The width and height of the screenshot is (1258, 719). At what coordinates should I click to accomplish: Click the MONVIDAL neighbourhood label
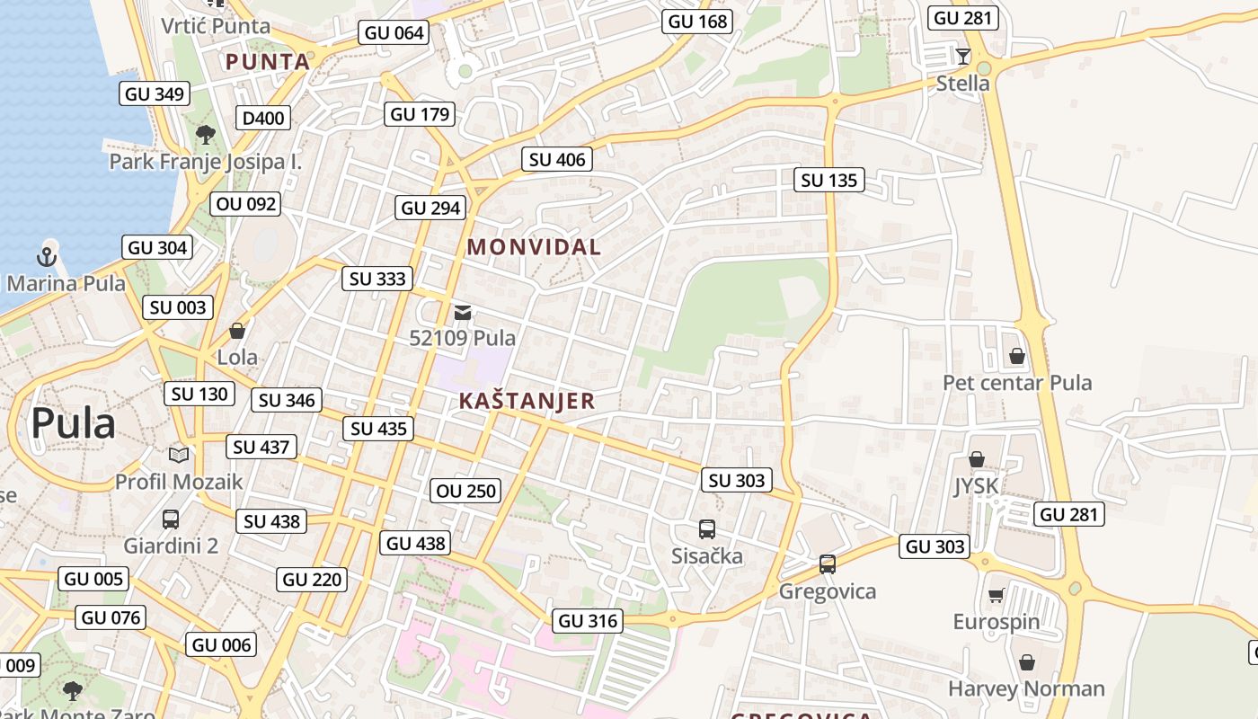pyautogui.click(x=534, y=246)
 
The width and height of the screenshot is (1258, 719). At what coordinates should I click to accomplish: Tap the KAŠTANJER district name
pyautogui.click(x=527, y=401)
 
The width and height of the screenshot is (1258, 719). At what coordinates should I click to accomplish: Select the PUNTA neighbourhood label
pyautogui.click(x=268, y=62)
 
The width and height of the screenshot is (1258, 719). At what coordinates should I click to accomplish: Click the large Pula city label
pyautogui.click(x=73, y=423)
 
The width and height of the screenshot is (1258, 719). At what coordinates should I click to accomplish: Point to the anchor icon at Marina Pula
pyautogui.click(x=46, y=258)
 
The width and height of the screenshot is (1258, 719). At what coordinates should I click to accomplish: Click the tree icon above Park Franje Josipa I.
pyautogui.click(x=205, y=136)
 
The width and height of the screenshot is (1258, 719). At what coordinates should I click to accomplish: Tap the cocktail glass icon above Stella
pyautogui.click(x=962, y=57)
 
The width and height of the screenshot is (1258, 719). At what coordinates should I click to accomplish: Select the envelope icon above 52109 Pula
pyautogui.click(x=463, y=313)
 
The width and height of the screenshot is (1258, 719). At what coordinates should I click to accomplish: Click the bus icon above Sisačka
pyautogui.click(x=707, y=529)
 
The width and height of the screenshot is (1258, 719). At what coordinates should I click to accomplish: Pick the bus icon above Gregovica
pyautogui.click(x=827, y=564)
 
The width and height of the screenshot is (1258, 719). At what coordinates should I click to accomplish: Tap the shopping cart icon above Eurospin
pyautogui.click(x=996, y=595)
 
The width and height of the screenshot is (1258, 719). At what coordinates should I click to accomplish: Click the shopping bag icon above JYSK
pyautogui.click(x=976, y=459)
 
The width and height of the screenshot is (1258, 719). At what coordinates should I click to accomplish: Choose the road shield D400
pyautogui.click(x=263, y=118)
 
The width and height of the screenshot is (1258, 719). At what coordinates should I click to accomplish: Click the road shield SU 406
pyautogui.click(x=557, y=160)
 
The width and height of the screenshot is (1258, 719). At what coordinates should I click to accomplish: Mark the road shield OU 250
pyautogui.click(x=465, y=491)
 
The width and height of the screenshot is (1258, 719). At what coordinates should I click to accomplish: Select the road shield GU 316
pyautogui.click(x=588, y=621)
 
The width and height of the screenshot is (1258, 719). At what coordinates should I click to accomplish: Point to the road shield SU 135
pyautogui.click(x=828, y=180)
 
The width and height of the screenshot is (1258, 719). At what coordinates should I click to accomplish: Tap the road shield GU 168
pyautogui.click(x=697, y=22)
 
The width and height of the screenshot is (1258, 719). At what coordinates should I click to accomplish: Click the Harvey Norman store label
pyautogui.click(x=1026, y=689)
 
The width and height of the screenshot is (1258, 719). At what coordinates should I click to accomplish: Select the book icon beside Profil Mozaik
pyautogui.click(x=179, y=455)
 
